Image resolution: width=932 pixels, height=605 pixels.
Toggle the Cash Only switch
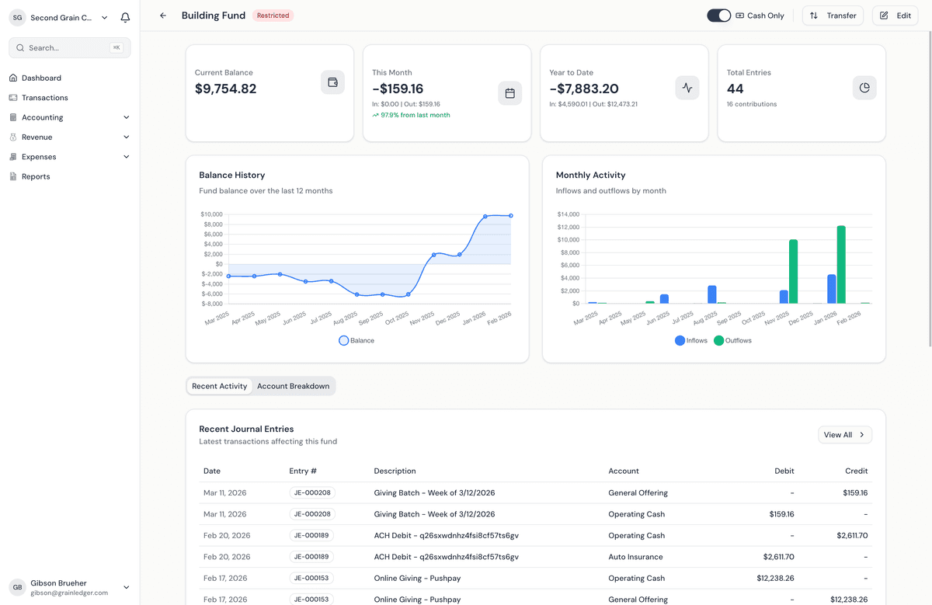click(718, 16)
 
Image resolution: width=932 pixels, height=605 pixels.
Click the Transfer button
click(833, 16)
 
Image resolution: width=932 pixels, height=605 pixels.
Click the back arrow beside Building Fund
click(162, 16)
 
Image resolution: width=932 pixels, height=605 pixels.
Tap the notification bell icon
click(125, 18)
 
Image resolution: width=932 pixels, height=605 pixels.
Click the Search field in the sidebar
click(69, 48)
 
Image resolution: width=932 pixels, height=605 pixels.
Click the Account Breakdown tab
click(293, 386)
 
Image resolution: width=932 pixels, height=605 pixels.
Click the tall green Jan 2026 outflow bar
click(841, 265)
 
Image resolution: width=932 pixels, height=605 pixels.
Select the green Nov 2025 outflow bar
click(793, 271)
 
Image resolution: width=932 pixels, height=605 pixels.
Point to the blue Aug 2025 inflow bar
click(712, 294)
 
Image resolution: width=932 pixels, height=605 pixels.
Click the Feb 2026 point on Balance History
click(511, 216)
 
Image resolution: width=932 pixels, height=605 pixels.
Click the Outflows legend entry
click(732, 340)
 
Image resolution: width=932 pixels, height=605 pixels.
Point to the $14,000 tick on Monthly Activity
click(569, 214)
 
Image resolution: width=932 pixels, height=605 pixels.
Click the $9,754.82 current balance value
click(225, 89)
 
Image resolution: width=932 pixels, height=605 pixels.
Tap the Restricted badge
click(273, 16)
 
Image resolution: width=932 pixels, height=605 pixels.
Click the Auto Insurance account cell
click(635, 557)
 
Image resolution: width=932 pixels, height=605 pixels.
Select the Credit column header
click(856, 471)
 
